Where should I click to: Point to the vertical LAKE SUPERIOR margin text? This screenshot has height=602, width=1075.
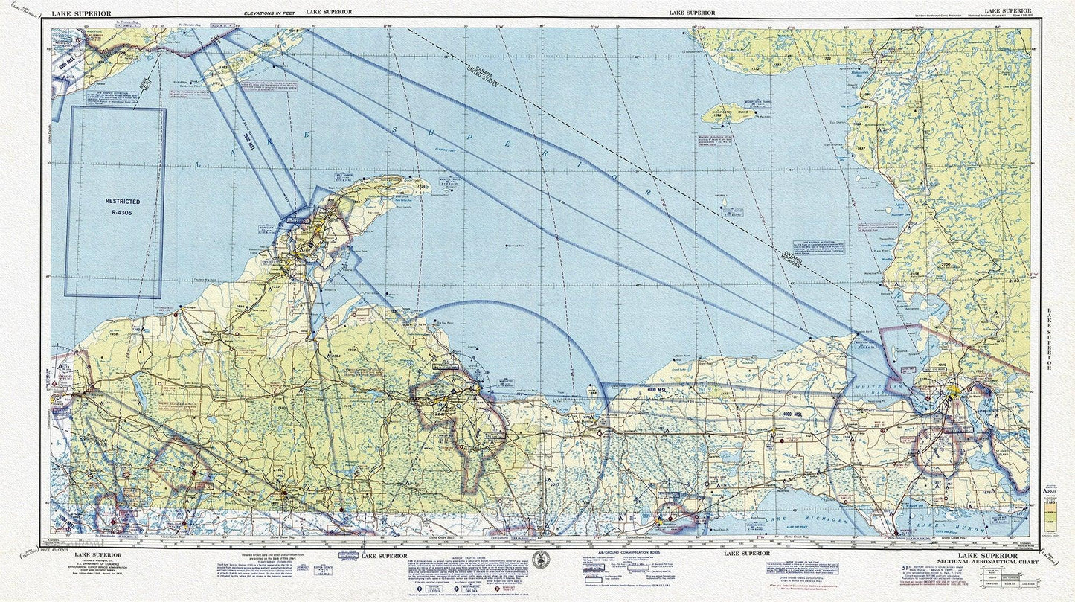coord(1049,339)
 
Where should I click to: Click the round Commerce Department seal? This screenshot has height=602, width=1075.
coord(539,560)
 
